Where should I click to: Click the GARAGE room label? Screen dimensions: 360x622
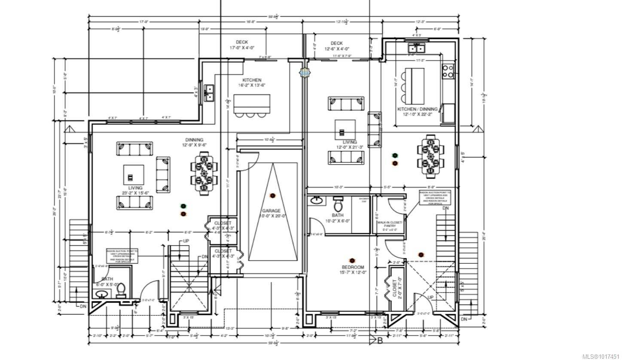(271, 211)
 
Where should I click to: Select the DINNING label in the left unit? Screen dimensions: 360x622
(194, 140)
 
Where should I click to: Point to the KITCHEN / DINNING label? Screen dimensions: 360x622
(417, 109)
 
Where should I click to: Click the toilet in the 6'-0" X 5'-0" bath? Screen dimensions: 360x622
(121, 291)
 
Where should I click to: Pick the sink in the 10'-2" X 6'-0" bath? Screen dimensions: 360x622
(317, 200)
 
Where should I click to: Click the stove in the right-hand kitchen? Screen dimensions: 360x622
(448, 71)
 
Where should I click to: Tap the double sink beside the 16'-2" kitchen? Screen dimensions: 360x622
(209, 92)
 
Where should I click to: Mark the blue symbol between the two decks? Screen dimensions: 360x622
(304, 73)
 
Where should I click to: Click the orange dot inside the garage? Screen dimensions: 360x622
(272, 196)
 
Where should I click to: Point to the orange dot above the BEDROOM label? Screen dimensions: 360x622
(352, 260)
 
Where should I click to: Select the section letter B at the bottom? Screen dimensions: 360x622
(379, 341)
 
